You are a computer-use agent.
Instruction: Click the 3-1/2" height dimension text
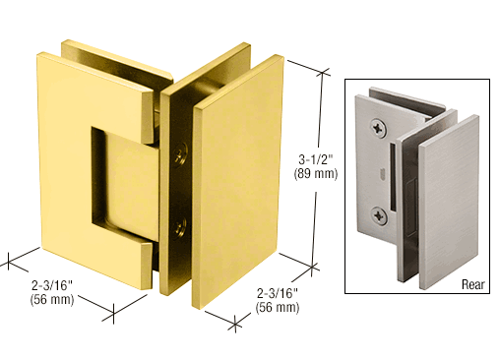tap(315, 159)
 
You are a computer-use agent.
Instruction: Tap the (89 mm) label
tap(316, 173)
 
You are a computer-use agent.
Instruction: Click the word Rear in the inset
tap(472, 284)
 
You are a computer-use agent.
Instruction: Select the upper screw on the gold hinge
tap(181, 153)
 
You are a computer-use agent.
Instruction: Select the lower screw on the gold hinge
tap(181, 226)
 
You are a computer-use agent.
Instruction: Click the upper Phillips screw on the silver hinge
tap(379, 128)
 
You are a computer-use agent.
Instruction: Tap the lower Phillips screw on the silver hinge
tap(379, 216)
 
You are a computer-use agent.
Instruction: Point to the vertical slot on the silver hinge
tap(392, 176)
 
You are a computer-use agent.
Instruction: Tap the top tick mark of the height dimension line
tap(323, 73)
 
